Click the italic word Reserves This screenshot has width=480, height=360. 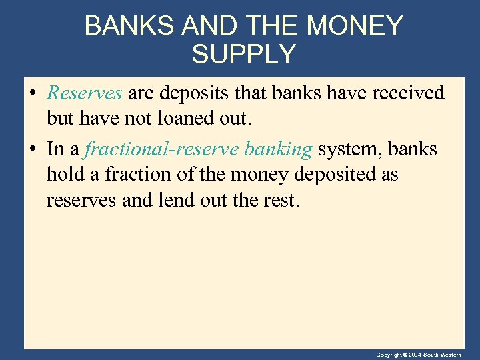84,93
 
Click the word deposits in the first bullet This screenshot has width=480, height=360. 197,93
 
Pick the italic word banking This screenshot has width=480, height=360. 278,149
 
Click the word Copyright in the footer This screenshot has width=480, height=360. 389,355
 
